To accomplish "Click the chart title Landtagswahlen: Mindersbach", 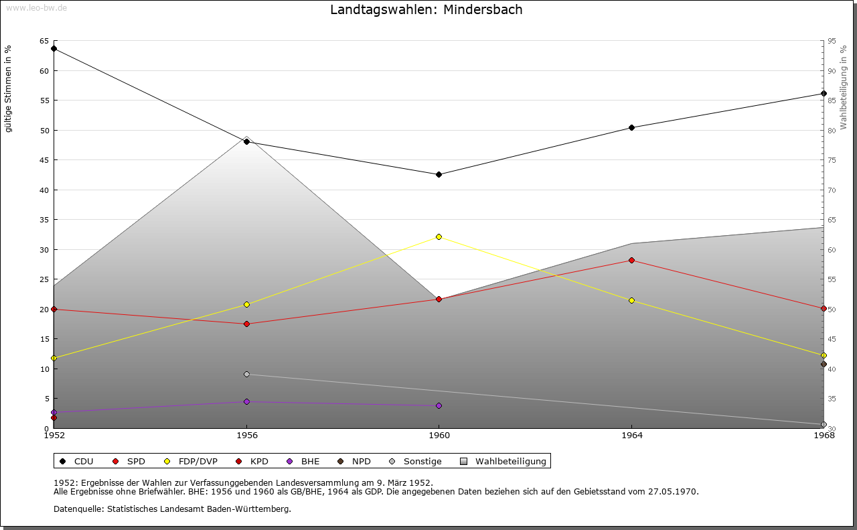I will click(426, 10).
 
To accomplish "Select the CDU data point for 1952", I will click(54, 48).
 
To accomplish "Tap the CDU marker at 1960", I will click(439, 174).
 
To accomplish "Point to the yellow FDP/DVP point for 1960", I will click(439, 237).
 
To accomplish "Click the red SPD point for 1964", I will click(631, 260).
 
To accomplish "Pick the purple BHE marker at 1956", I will click(246, 401).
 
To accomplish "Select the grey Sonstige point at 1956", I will click(246, 374).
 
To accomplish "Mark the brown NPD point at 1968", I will click(824, 365).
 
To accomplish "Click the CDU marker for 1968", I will click(824, 93).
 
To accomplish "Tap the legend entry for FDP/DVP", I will click(191, 461).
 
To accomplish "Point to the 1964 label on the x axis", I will click(631, 436).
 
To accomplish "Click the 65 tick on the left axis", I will click(44, 41).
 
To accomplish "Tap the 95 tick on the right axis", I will click(832, 41).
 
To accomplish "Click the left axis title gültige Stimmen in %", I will click(9, 88).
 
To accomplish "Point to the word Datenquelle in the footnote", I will click(76, 509).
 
